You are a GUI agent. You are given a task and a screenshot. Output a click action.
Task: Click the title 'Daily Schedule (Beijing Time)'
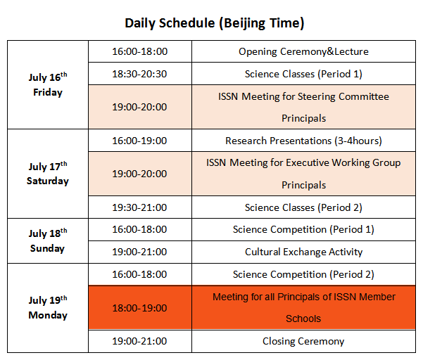point(215,23)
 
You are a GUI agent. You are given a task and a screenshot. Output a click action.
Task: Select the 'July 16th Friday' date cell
point(48,84)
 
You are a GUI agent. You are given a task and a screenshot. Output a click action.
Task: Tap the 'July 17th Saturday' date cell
point(48,174)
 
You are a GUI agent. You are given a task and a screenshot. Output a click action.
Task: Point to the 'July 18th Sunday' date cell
point(48,240)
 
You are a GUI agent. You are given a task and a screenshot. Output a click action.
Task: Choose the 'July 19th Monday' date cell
point(48,308)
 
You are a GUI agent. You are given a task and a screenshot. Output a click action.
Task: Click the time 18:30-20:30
point(140,74)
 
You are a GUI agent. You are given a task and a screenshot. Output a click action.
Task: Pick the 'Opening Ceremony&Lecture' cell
point(303,51)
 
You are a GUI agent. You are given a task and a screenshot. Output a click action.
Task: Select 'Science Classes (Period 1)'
point(303,74)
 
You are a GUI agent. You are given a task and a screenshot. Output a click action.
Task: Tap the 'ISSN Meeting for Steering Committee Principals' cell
point(303,107)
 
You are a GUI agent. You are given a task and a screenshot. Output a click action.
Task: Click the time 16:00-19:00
point(140,141)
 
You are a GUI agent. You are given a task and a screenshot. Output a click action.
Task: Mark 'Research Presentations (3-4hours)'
point(303,141)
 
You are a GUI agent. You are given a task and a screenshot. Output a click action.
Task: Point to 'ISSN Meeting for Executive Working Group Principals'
point(303,174)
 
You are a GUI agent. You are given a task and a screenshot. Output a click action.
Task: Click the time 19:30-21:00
point(140,207)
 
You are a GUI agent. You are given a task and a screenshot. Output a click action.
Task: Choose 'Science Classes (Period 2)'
point(303,207)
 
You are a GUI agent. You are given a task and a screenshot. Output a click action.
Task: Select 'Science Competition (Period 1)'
point(303,230)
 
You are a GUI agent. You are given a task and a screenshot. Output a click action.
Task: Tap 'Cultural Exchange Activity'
point(303,252)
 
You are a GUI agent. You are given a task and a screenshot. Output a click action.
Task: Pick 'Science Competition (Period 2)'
point(303,274)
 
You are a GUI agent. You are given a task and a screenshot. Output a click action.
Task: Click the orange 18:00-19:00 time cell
point(140,308)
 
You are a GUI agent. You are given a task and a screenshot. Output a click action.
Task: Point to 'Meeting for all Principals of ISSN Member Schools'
point(304,308)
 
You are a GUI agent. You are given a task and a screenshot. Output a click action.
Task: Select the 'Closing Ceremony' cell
point(303,341)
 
